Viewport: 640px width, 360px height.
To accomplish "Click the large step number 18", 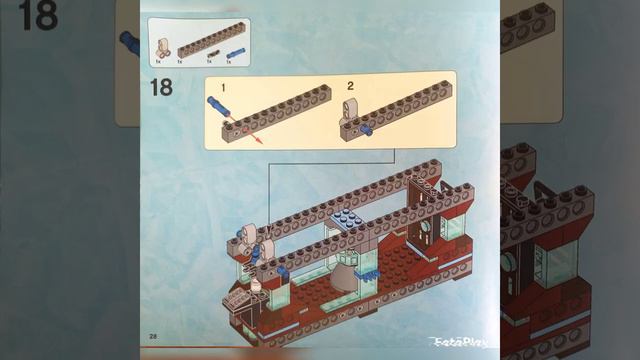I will (160, 87).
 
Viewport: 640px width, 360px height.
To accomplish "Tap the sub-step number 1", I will (225, 87).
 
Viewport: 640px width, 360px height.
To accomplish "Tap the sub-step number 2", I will (351, 86).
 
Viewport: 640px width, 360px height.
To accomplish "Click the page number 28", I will (153, 333).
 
